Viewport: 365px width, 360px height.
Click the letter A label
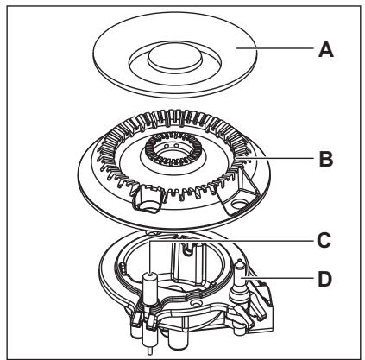click(326, 50)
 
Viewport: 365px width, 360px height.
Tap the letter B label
click(326, 159)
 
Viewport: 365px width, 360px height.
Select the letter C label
click(324, 240)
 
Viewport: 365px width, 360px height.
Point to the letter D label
click(325, 279)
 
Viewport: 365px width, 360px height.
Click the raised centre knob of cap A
click(175, 56)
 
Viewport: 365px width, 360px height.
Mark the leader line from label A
click(274, 48)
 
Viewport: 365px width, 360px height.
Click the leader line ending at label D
click(277, 278)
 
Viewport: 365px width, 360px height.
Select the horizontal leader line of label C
click(231, 240)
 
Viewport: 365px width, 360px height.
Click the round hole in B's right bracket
click(238, 204)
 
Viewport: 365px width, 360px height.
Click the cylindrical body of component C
click(149, 289)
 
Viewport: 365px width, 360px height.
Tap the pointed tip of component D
click(240, 262)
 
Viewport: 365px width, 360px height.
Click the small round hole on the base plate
click(197, 303)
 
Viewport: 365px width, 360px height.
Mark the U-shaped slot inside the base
click(188, 249)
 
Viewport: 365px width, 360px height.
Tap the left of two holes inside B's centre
click(166, 146)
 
